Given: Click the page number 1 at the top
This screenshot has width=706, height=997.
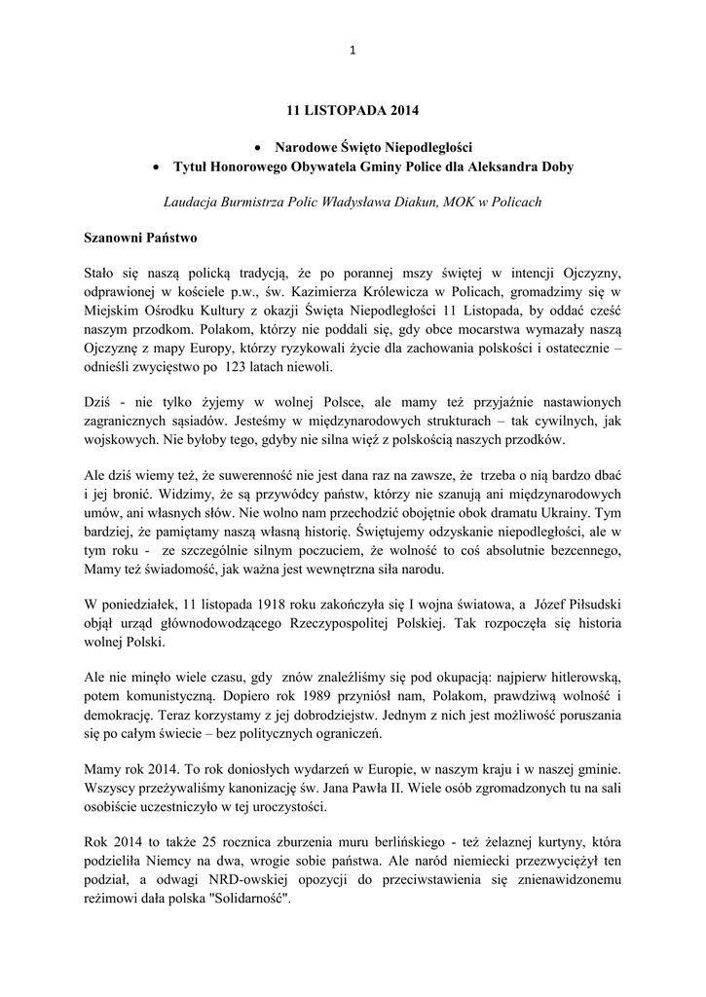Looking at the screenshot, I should point(353,51).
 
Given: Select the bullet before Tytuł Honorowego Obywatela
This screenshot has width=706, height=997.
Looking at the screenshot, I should point(155,167).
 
